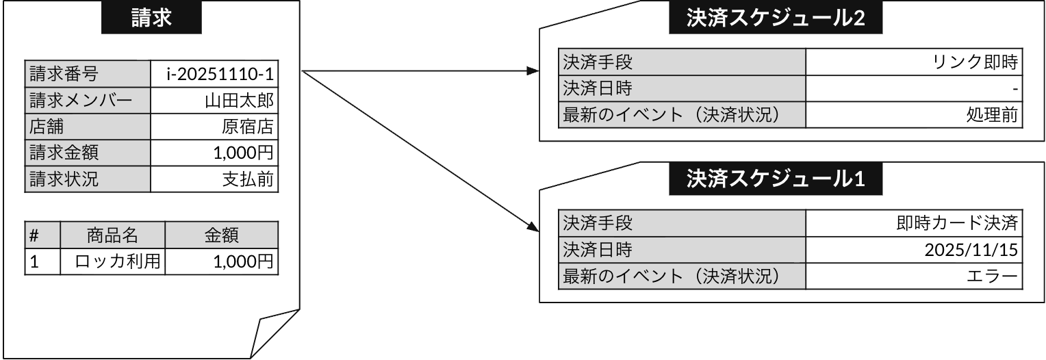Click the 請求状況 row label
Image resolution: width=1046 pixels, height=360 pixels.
88,179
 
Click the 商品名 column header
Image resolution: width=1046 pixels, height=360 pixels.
113,235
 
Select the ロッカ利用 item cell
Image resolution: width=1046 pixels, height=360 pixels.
113,261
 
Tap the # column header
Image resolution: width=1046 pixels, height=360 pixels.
42,235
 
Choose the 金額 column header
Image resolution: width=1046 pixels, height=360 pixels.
221,235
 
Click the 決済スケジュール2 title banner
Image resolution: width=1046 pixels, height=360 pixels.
776,18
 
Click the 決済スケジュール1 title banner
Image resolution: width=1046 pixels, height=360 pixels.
776,179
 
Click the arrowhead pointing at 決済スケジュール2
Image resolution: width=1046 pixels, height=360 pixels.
532,71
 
